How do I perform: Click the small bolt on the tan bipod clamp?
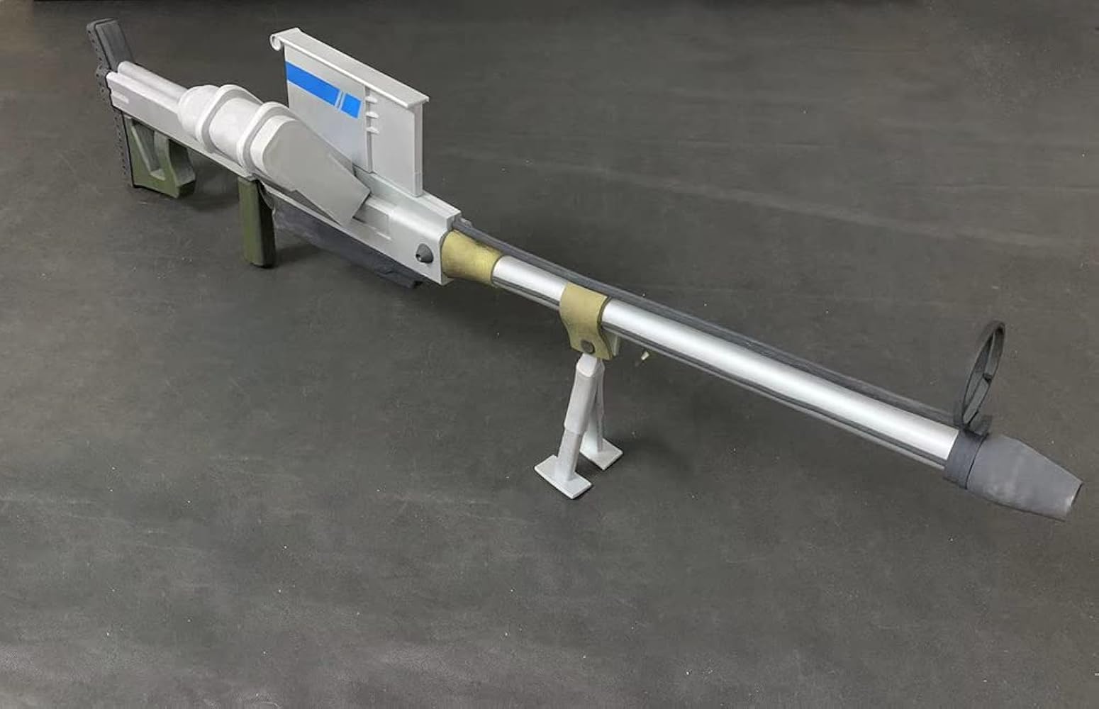586,346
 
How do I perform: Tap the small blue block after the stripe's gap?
352,104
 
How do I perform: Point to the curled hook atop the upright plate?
277,42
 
